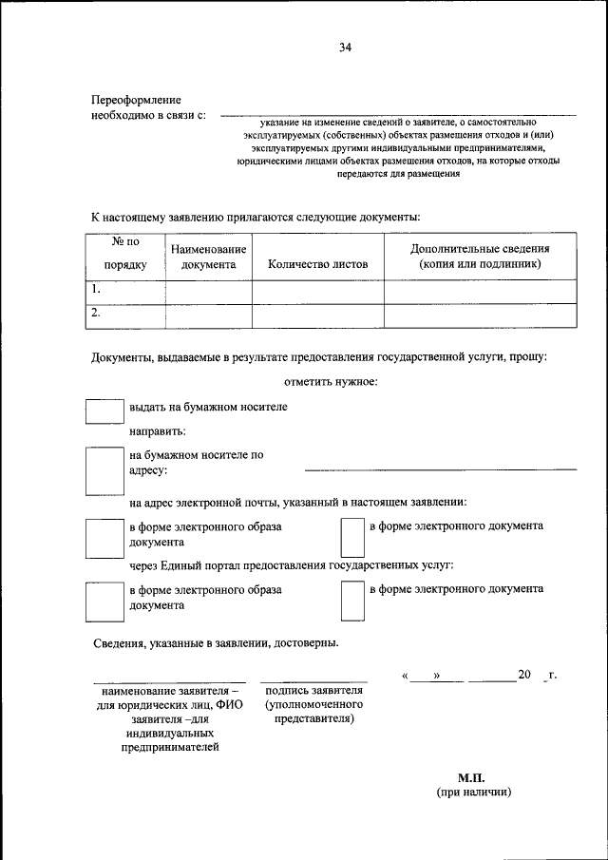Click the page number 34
coord(345,49)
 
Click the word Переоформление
coord(136,100)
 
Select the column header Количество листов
coord(317,265)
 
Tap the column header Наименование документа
coord(208,257)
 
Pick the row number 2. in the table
coord(96,313)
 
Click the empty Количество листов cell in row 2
coord(317,315)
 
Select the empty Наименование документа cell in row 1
coord(208,292)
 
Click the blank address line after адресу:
coord(440,468)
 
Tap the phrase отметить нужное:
coord(331,382)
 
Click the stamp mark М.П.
coord(471,776)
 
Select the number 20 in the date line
coord(524,676)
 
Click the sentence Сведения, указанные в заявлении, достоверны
coord(215,643)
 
